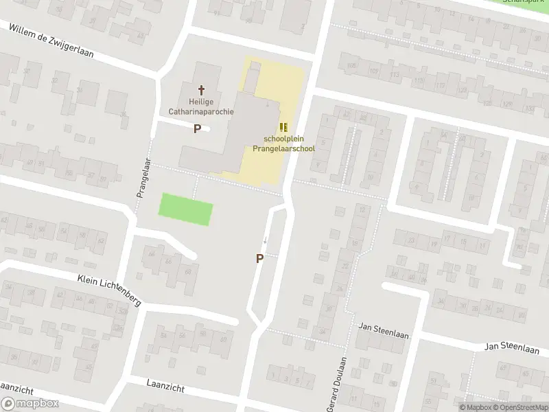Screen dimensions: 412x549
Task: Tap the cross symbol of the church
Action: [202, 89]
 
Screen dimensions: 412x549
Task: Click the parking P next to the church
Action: [197, 128]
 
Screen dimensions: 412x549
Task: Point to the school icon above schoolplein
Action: [283, 126]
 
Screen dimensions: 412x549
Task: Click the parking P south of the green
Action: [259, 259]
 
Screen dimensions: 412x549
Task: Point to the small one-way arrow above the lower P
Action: [266, 240]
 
